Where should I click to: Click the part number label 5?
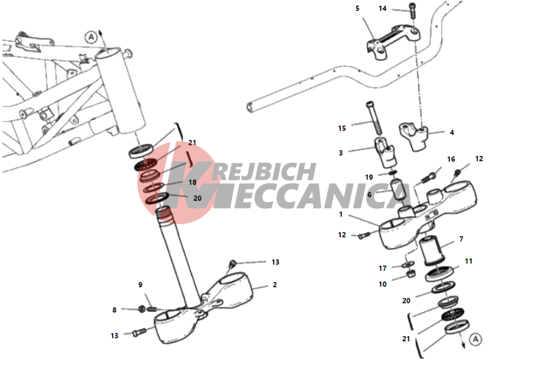click(357, 8)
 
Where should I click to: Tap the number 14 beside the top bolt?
click(382, 8)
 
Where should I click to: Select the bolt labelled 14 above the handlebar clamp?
click(412, 11)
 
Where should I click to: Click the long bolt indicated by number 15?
click(374, 119)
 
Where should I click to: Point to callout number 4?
click(452, 132)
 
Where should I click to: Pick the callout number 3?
click(340, 153)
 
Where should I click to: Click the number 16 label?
click(451, 159)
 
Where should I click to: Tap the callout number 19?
click(369, 177)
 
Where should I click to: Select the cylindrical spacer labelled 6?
click(399, 190)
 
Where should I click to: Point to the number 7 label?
click(461, 239)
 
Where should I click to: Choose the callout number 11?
click(468, 261)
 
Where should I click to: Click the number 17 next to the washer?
click(382, 268)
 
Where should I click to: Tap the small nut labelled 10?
click(412, 274)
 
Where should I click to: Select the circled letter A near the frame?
click(91, 37)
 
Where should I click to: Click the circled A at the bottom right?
click(475, 339)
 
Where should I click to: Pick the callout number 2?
click(275, 285)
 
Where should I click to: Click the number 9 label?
click(140, 285)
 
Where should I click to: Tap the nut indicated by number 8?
click(142, 309)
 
